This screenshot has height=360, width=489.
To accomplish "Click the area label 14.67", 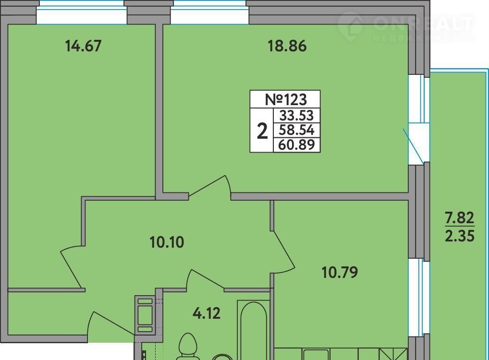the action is click(83, 46).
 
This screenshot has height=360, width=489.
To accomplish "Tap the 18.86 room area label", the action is click(287, 46).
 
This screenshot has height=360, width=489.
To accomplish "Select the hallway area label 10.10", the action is click(167, 242).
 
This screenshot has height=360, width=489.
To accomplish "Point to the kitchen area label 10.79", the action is click(340, 273).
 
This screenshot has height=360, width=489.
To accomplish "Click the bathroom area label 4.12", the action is click(207, 313).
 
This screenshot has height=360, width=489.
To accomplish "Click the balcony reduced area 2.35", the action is click(460, 236).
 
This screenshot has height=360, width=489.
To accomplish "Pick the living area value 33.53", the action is click(296, 116).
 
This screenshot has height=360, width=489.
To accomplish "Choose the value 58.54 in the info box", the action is click(296, 130).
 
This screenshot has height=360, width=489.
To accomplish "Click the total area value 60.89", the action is click(296, 144).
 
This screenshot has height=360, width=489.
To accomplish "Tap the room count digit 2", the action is click(262, 131).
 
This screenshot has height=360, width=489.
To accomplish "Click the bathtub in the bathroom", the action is click(253, 330).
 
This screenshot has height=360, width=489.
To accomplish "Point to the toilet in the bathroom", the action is click(188, 347).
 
